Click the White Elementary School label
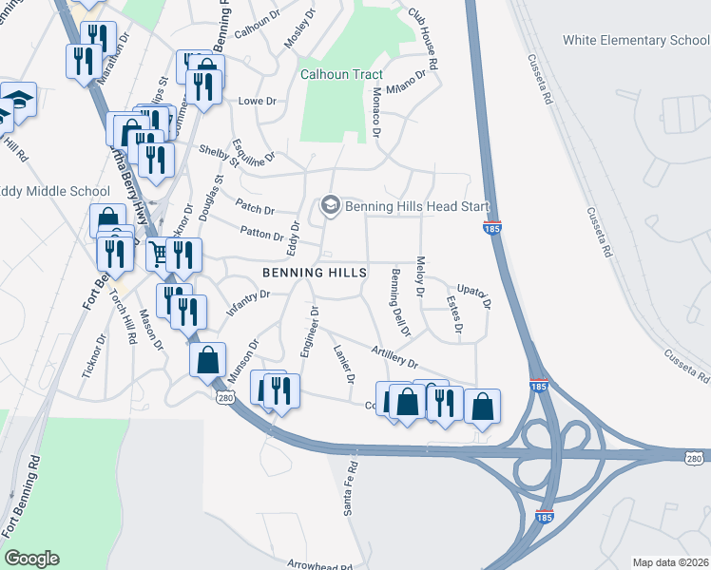tap(636, 40)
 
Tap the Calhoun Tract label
tap(341, 74)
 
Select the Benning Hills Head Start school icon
tap(330, 204)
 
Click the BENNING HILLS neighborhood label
tap(314, 273)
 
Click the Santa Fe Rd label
tap(351, 488)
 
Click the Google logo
tap(31, 559)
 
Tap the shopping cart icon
tap(158, 253)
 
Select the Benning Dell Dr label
tap(397, 303)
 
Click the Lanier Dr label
tap(343, 364)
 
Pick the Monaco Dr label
tap(375, 112)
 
